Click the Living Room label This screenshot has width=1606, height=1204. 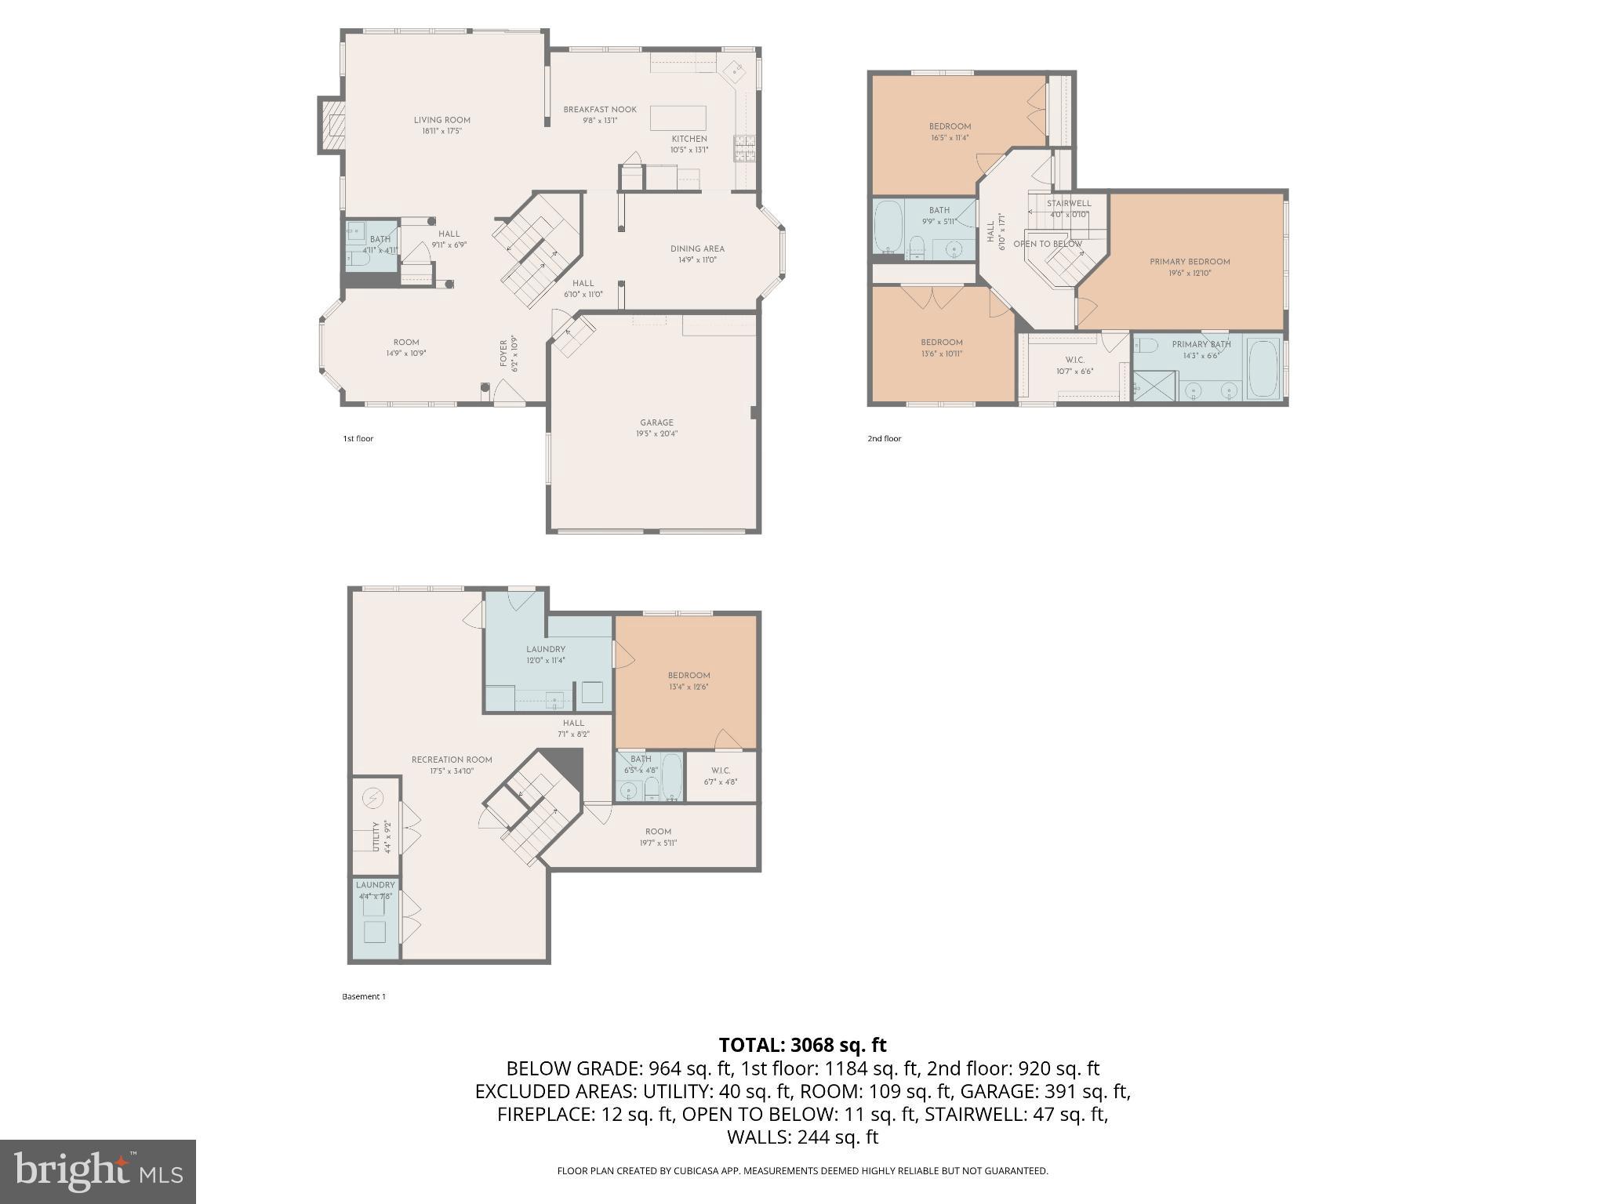[x=441, y=120]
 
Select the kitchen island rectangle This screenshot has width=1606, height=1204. [x=678, y=118]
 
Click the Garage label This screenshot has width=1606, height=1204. [x=656, y=422]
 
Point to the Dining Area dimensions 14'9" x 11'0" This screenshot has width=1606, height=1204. [x=696, y=259]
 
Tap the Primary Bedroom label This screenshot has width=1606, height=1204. [x=1189, y=262]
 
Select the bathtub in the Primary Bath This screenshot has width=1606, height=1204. [x=1263, y=368]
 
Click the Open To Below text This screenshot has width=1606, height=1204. [x=1047, y=244]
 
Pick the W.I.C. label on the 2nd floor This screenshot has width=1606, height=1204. [x=1074, y=360]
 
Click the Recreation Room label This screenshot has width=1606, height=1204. [x=452, y=760]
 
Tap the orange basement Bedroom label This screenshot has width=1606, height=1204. [x=689, y=675]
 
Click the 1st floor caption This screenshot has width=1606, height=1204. [x=358, y=438]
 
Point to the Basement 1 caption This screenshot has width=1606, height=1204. [x=364, y=996]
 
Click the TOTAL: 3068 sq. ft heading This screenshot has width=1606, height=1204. [x=802, y=1045]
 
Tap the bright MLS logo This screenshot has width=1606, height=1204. [x=98, y=1171]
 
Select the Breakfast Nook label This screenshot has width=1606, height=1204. [x=600, y=110]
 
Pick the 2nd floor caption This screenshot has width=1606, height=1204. [x=884, y=438]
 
